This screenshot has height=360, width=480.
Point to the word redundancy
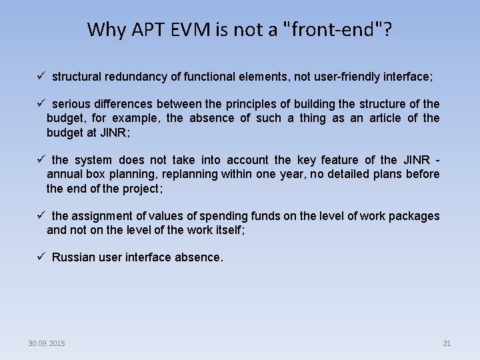point(135,77)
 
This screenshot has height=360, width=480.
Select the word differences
point(125,104)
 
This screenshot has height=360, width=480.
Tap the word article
point(387,118)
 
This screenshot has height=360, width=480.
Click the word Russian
point(73,257)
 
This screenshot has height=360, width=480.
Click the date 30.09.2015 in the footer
point(47,343)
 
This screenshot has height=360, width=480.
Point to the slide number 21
point(447,343)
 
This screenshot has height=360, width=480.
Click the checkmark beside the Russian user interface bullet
point(41,257)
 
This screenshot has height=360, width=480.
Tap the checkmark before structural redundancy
point(41,77)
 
